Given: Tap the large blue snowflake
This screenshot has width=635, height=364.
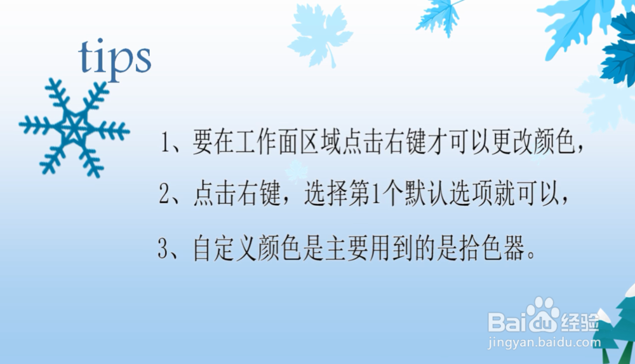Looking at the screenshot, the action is (74, 128).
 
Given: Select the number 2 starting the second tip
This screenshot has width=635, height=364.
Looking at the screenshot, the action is (164, 194).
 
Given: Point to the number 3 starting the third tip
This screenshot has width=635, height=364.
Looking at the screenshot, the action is (163, 248).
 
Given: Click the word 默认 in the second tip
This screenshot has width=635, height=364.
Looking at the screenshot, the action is (425, 194).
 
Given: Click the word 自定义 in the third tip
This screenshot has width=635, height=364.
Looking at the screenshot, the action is (225, 248).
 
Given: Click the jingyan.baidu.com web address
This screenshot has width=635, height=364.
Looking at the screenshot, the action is (544, 342).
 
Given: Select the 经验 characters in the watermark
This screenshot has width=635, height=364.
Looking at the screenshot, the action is (580, 323).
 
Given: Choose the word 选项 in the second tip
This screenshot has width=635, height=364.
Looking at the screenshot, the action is (470, 194).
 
